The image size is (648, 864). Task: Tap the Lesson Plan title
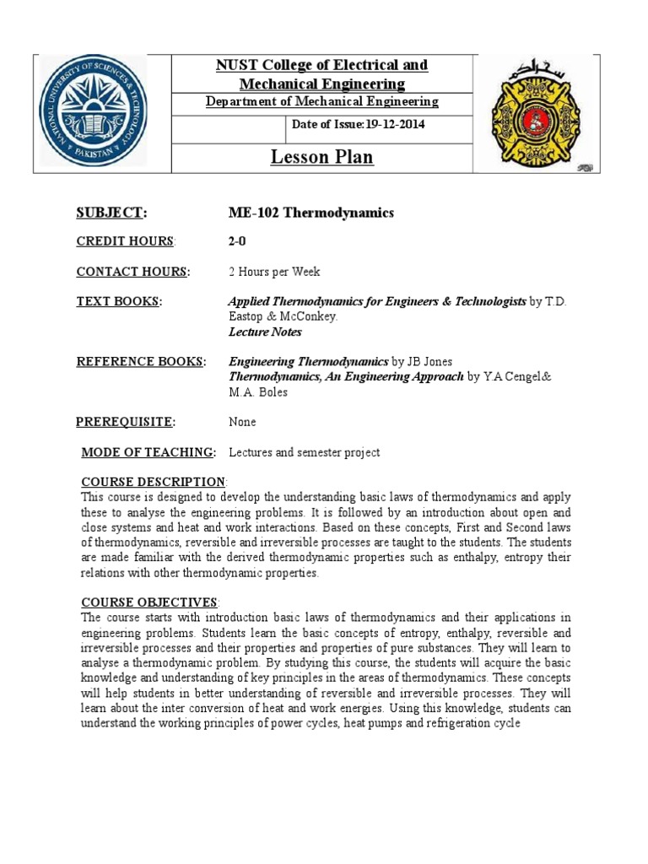[321, 157]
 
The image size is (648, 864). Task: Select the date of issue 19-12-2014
[358, 125]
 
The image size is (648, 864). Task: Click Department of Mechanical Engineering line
[322, 101]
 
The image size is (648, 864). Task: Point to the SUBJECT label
[111, 212]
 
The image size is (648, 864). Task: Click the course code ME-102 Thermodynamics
[311, 213]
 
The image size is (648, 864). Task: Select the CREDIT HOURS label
[125, 242]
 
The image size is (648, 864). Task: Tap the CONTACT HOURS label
[132, 272]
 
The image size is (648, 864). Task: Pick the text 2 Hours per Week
[274, 272]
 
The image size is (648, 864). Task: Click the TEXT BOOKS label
[119, 302]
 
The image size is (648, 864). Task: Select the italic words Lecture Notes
[265, 332]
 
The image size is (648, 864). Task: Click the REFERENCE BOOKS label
[141, 362]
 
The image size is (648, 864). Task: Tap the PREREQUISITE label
[126, 422]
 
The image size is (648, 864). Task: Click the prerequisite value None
[242, 422]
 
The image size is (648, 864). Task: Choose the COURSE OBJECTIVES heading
[149, 602]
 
